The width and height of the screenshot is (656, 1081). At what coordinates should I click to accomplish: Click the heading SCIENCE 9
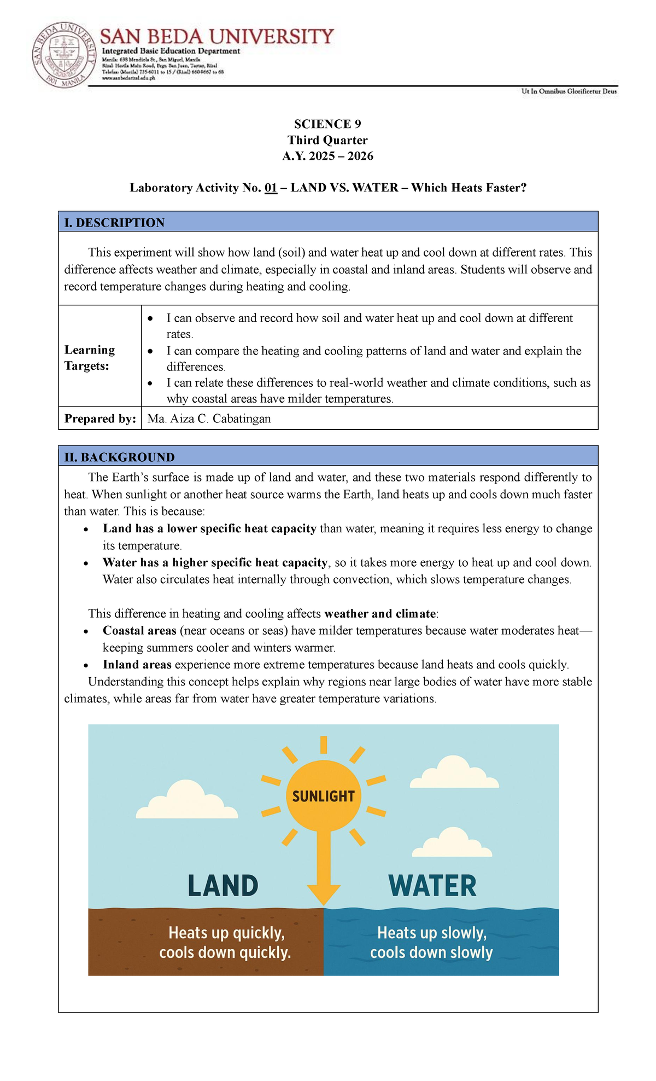(x=327, y=124)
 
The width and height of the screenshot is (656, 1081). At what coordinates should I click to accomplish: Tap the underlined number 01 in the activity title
(x=271, y=188)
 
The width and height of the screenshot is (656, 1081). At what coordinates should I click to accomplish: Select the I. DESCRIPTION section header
(x=114, y=223)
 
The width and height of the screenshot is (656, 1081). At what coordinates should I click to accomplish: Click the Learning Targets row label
(x=90, y=358)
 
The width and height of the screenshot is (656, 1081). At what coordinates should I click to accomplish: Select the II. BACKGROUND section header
(x=119, y=457)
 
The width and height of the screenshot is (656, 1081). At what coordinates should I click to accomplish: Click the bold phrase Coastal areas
(x=139, y=631)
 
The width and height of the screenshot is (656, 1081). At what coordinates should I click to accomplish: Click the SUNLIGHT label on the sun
(x=323, y=797)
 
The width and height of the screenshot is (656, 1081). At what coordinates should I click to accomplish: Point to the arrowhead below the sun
(x=324, y=894)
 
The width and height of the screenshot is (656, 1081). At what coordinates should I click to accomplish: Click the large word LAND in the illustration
(x=222, y=886)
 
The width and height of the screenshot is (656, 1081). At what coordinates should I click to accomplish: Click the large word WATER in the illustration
(x=432, y=886)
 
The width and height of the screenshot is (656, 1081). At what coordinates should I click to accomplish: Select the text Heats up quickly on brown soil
(x=226, y=933)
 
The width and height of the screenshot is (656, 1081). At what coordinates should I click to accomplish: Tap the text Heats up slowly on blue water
(x=431, y=933)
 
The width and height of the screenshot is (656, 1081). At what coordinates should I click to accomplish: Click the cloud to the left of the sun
(x=187, y=801)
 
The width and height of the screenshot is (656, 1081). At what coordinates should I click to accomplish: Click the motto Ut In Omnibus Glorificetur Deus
(x=569, y=92)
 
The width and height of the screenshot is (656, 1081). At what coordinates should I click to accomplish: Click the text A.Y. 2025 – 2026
(x=327, y=156)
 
